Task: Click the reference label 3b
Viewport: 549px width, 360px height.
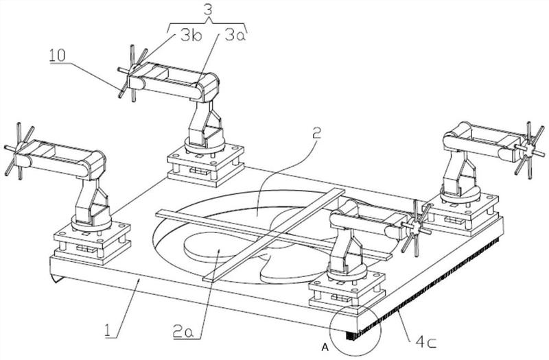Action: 191,36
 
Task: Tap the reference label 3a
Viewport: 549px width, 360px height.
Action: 235,36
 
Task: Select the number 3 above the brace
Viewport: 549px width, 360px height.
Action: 208,10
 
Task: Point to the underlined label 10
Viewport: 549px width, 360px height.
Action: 58,56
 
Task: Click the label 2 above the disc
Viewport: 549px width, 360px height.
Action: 316,134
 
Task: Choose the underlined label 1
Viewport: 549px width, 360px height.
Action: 109,331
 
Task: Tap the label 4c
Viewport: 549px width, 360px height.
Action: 425,342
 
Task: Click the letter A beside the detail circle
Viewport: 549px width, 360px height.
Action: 325,347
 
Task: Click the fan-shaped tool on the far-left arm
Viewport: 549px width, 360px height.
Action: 19,150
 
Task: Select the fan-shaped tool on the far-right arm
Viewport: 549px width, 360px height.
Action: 528,150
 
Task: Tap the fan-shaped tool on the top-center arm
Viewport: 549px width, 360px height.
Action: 132,73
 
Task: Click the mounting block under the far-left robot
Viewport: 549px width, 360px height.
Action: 92,242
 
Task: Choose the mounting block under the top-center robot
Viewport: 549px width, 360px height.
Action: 205,165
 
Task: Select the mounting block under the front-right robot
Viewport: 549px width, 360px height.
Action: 347,291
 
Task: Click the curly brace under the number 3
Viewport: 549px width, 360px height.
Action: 208,25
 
